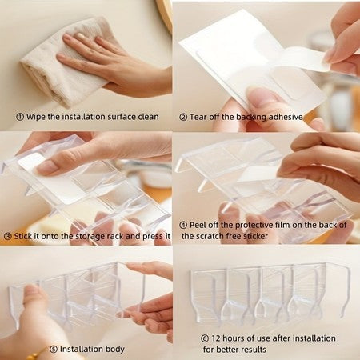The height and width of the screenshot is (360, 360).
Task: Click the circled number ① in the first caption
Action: click(19, 117)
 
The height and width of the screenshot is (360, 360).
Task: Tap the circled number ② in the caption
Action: click(183, 117)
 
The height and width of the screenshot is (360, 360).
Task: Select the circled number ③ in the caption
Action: click(6, 237)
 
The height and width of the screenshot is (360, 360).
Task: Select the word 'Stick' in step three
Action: click(24, 237)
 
